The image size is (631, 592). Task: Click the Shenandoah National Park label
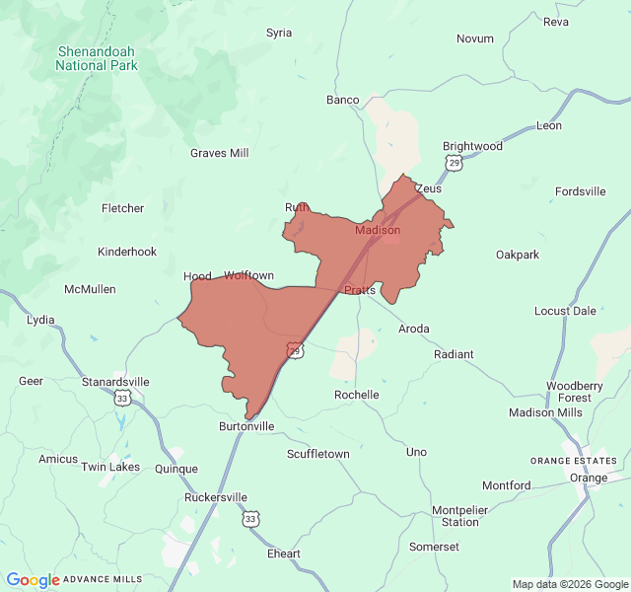pyautogui.click(x=97, y=58)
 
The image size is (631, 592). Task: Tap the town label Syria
pyautogui.click(x=279, y=33)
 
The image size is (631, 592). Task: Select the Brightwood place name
pyautogui.click(x=472, y=146)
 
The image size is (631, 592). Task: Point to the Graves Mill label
pyautogui.click(x=219, y=153)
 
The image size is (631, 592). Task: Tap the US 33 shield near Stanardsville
pyautogui.click(x=121, y=397)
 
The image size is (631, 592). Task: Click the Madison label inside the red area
pyautogui.click(x=377, y=230)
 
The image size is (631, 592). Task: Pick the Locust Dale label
pyautogui.click(x=565, y=311)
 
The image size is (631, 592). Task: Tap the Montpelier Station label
pyautogui.click(x=459, y=516)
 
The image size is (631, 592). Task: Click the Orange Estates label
pyautogui.click(x=574, y=461)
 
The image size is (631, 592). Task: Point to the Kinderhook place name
pyautogui.click(x=127, y=252)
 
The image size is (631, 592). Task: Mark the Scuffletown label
pyautogui.click(x=317, y=454)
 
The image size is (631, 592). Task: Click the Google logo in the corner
pyautogui.click(x=33, y=580)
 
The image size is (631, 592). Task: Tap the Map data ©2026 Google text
pyautogui.click(x=569, y=584)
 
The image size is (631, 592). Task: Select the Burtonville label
pyautogui.click(x=246, y=427)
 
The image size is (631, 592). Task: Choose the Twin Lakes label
pyautogui.click(x=109, y=467)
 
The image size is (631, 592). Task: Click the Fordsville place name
pyautogui.click(x=581, y=191)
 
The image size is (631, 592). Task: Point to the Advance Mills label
pyautogui.click(x=103, y=579)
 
